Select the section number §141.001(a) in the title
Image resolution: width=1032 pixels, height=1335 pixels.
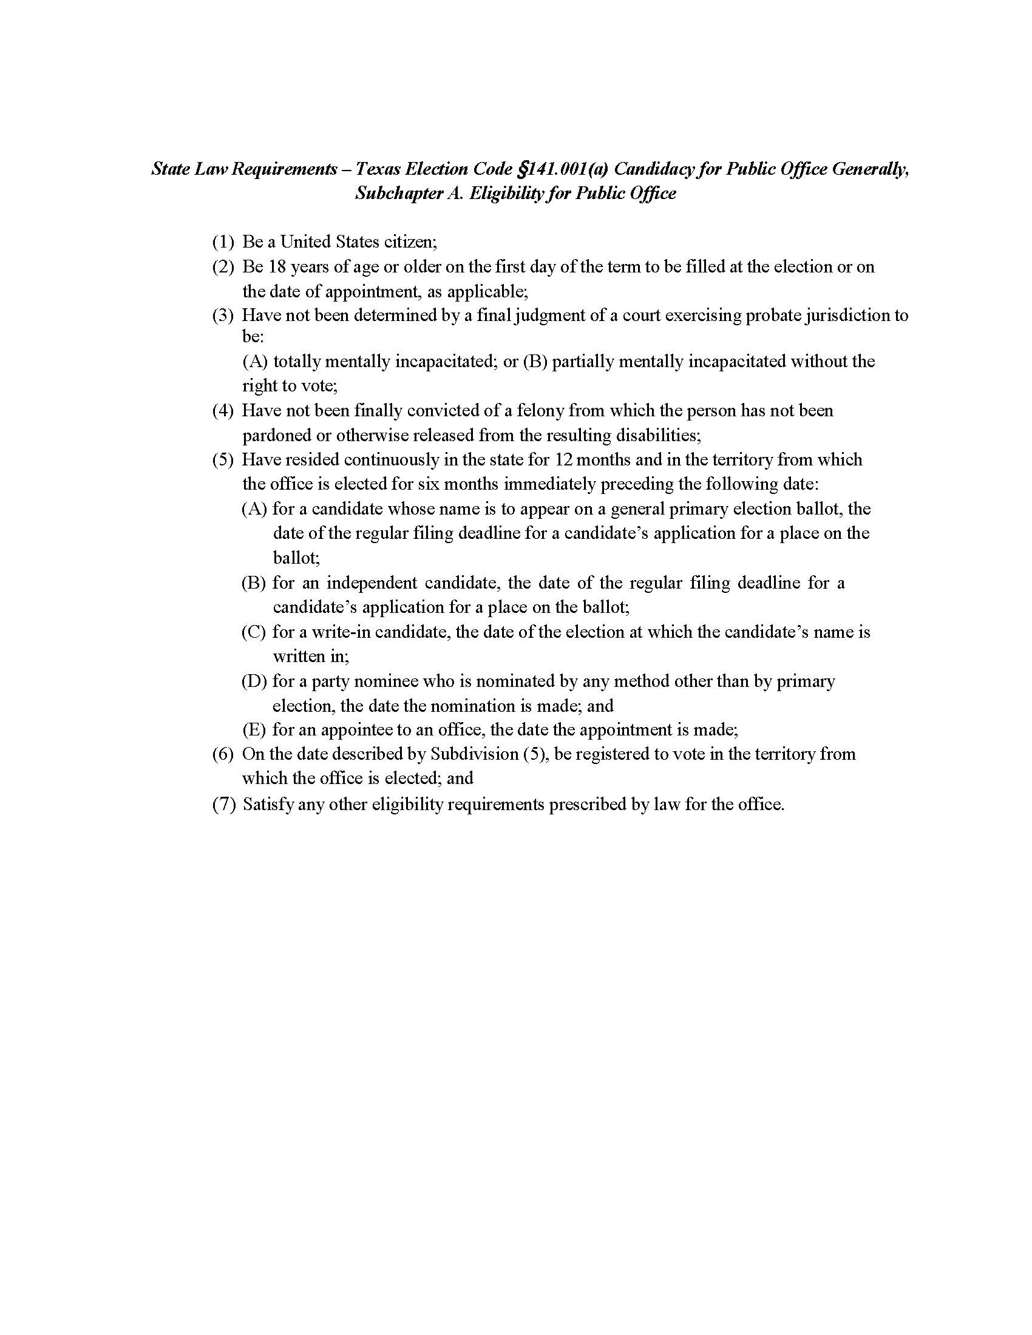pyautogui.click(x=563, y=169)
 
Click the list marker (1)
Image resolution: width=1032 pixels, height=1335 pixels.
pyautogui.click(x=223, y=242)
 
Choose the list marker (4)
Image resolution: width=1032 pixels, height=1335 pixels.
pyautogui.click(x=223, y=411)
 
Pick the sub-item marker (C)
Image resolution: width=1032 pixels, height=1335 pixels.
pyautogui.click(x=253, y=632)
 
